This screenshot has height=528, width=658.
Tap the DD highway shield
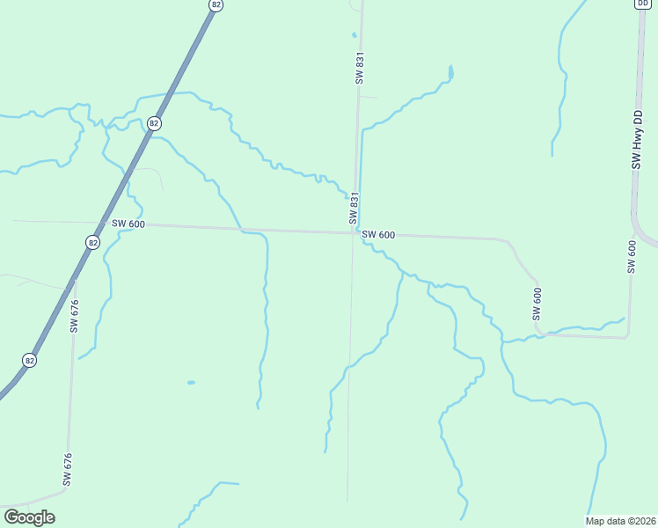[x=642, y=4]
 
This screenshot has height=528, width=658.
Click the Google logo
[x=29, y=517]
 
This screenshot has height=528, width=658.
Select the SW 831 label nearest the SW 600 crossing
[x=354, y=209]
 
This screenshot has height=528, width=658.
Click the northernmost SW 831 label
[x=359, y=68]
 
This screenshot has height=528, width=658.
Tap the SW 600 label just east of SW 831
[x=378, y=235]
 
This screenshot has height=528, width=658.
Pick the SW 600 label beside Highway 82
[x=128, y=224]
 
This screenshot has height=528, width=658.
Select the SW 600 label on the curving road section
[x=536, y=304]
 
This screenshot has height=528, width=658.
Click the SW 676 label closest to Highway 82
[x=75, y=316]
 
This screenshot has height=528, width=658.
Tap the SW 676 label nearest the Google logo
[x=67, y=469]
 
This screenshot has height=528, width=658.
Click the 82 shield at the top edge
[x=216, y=4]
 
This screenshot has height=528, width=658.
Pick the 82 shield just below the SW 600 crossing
[x=93, y=241]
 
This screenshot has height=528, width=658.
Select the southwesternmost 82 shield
[x=30, y=360]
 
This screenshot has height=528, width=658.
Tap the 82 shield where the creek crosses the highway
[x=154, y=123]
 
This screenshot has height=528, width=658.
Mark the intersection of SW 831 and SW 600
[x=354, y=232]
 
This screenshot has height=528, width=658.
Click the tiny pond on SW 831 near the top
[x=355, y=35]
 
